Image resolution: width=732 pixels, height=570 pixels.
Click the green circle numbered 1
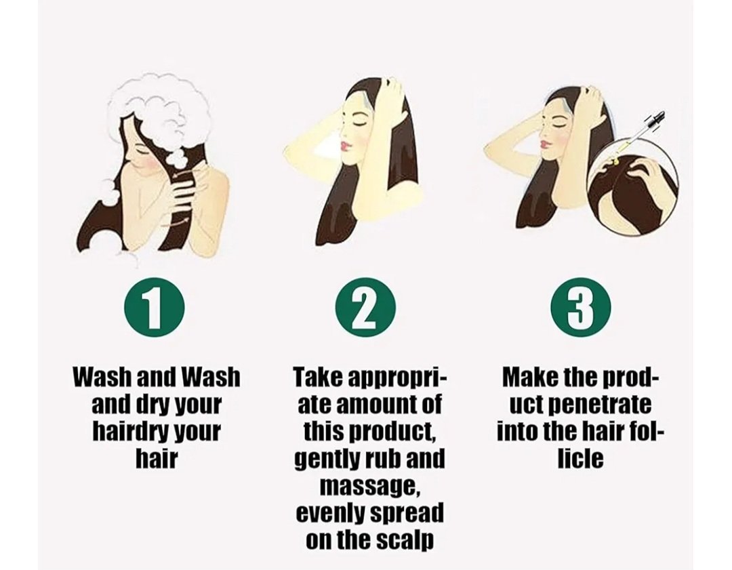click(154, 308)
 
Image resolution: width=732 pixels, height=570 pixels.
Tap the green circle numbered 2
click(366, 308)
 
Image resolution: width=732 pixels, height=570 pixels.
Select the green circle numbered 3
click(581, 308)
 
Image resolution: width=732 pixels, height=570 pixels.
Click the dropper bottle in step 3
click(640, 136)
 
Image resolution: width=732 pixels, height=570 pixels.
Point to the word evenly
click(331, 514)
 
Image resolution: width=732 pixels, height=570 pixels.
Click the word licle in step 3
click(581, 458)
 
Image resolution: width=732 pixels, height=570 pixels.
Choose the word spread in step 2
click(406, 514)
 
